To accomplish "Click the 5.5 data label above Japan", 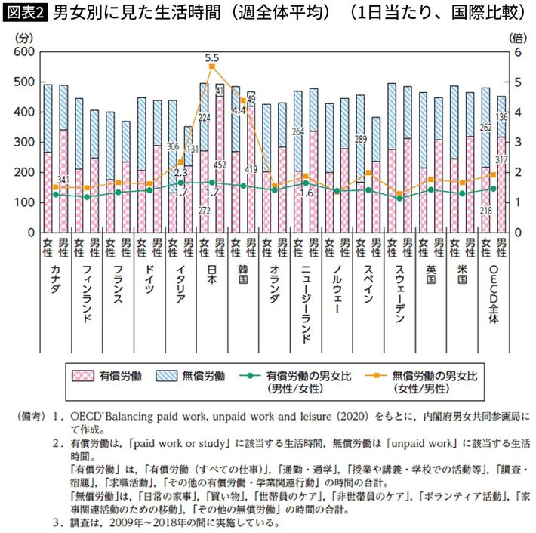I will tap(211, 57).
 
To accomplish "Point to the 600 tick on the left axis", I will tap(23, 51).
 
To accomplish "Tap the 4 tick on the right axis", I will tap(518, 112).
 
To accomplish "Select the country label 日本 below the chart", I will tap(211, 278).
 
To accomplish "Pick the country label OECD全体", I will tap(493, 295).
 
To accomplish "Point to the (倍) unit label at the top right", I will tap(518, 36).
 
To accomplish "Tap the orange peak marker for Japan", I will tap(211, 66).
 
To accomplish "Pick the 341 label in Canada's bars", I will tap(64, 180).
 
